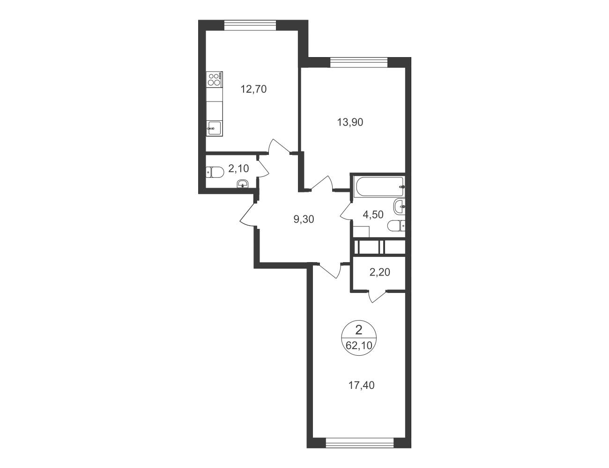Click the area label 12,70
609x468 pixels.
[x=253, y=89]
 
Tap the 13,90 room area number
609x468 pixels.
[x=350, y=122]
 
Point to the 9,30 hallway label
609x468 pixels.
[x=304, y=219]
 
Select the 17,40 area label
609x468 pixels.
[x=361, y=386]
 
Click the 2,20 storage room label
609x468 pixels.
[x=380, y=272]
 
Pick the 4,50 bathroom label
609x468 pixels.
[x=373, y=215]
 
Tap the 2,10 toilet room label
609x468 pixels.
[x=238, y=168]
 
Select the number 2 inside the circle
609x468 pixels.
[x=358, y=330]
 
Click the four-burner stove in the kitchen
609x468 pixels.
[x=215, y=79]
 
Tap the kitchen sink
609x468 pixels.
[x=215, y=129]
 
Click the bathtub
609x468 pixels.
[x=379, y=186]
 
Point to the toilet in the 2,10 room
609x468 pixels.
[x=215, y=172]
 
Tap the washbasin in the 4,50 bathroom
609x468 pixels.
[x=400, y=207]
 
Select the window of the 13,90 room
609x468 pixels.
[x=359, y=62]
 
